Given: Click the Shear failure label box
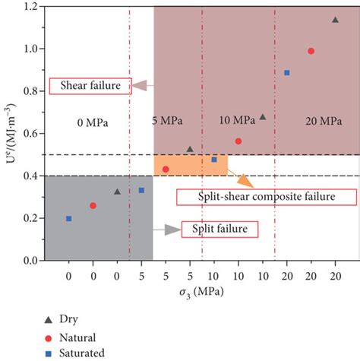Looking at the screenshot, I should click(x=87, y=86).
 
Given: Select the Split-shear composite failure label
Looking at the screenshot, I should click(x=266, y=197).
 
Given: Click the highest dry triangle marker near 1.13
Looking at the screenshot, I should click(x=335, y=20).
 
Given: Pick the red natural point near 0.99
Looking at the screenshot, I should click(x=311, y=51).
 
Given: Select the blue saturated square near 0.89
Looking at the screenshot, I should click(x=287, y=72).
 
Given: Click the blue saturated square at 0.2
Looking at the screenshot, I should click(x=69, y=219).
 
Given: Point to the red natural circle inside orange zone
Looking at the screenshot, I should click(x=166, y=169).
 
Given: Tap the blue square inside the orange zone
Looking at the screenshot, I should click(x=214, y=160).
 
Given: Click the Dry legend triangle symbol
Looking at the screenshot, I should click(x=48, y=319).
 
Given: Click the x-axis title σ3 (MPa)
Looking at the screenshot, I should click(x=202, y=293).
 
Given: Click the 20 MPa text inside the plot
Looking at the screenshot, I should click(x=314, y=121).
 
